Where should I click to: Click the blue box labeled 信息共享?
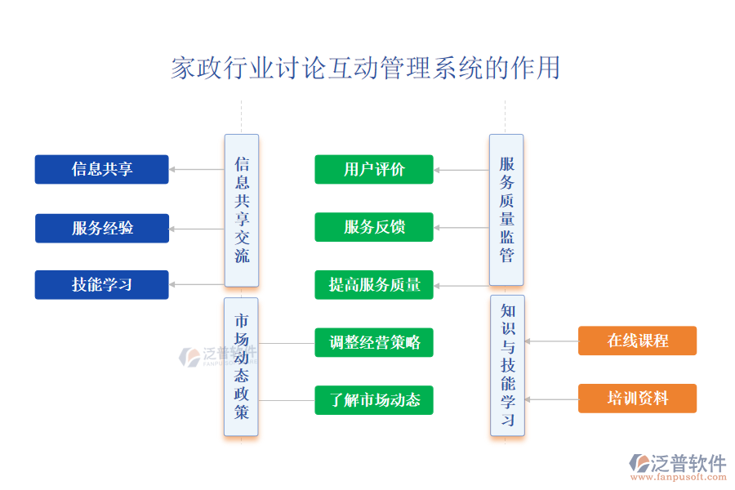pos(101,169)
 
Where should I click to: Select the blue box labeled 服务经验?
pos(101,228)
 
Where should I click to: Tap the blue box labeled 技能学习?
pos(101,284)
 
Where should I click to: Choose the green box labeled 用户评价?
pos(374,169)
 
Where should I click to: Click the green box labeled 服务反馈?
pos(374,227)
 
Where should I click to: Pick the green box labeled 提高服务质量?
pos(374,284)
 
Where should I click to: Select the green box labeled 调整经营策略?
pos(374,342)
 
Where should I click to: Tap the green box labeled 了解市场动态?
pos(374,399)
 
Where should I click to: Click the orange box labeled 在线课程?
pos(637,341)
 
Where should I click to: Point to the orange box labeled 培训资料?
pos(637,399)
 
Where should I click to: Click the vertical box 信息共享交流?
pos(242,210)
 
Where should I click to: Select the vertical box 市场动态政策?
pos(241,367)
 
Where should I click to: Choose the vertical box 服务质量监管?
pos(506,210)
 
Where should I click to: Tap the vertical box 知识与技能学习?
pos(507,366)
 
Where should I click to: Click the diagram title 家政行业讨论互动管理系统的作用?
pos(365,68)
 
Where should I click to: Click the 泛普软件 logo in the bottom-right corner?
pos(677,465)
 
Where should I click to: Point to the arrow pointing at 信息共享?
pos(196,170)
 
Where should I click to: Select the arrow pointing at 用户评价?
pos(461,170)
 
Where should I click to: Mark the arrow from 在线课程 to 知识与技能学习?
pos(551,341)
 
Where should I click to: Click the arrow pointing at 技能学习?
pos(196,285)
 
